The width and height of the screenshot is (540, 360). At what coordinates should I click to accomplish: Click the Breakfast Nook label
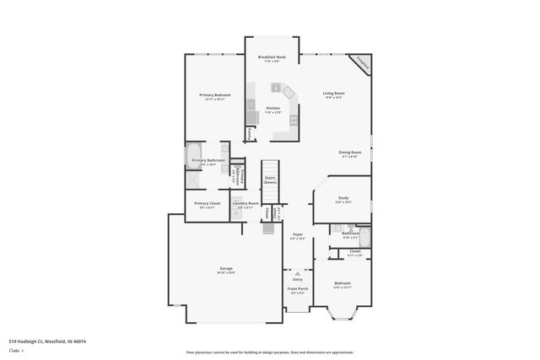click(272, 56)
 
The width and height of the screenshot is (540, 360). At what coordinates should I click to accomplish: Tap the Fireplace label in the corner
click(362, 63)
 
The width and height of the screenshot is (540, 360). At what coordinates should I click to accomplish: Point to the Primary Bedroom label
click(215, 95)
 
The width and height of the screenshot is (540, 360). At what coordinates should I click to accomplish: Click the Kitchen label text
click(273, 108)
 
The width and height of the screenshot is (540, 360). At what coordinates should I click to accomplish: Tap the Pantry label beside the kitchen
click(250, 133)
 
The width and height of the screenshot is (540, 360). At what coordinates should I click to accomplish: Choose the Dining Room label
click(349, 152)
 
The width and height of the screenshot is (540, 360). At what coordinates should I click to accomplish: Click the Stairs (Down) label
click(270, 180)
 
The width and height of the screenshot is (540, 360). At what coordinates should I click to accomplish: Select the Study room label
click(343, 198)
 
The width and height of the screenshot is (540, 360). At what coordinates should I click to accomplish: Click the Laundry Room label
click(246, 203)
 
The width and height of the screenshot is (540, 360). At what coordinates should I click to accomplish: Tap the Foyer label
click(298, 234)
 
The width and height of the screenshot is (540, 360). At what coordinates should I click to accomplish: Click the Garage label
click(226, 268)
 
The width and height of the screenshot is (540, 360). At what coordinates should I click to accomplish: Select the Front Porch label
click(298, 288)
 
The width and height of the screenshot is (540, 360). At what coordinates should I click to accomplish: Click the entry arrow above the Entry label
click(298, 272)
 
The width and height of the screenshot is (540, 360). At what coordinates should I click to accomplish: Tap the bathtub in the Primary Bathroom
click(194, 159)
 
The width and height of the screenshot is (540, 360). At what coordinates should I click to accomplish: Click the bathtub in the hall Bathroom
click(364, 235)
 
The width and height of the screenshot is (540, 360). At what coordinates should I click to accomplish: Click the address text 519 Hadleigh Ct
click(47, 341)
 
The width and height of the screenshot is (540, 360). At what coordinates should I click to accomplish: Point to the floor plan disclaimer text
click(270, 352)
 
